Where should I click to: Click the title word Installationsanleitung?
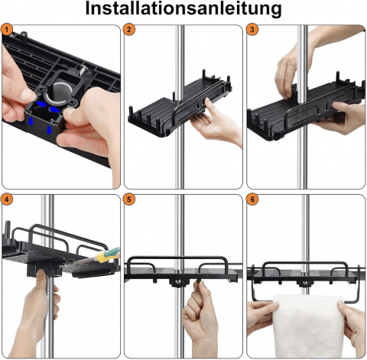pyautogui.click(x=183, y=8)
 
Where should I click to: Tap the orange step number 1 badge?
pyautogui.click(x=7, y=30)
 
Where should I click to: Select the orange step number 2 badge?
pyautogui.click(x=129, y=30)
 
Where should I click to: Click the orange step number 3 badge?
pyautogui.click(x=252, y=30)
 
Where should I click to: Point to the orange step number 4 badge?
pyautogui.click(x=7, y=199)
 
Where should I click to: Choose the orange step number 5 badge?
pyautogui.click(x=129, y=199)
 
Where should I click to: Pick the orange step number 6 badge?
pyautogui.click(x=252, y=199)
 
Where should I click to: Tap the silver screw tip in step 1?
pyautogui.click(x=83, y=70)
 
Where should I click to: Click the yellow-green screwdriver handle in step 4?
pyautogui.click(x=108, y=255)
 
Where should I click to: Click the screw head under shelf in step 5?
pyautogui.click(x=178, y=281)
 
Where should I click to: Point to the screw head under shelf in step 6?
pyautogui.click(x=304, y=283)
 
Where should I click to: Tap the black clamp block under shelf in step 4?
pyautogui.click(x=44, y=270)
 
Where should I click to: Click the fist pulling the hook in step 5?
pyautogui.click(x=200, y=313)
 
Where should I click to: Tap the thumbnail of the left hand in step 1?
pyautogui.click(x=28, y=95)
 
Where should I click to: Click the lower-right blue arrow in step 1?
pyautogui.click(x=49, y=130)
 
